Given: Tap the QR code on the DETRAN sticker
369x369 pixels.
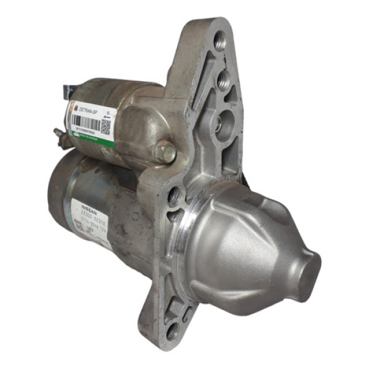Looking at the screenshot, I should (x=105, y=127).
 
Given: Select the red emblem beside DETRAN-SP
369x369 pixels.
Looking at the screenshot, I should (x=72, y=105).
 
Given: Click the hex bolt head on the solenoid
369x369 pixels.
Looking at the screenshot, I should (x=165, y=152).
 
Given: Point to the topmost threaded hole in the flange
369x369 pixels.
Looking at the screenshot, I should (x=219, y=42).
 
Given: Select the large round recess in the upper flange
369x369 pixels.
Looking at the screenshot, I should (x=216, y=122).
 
